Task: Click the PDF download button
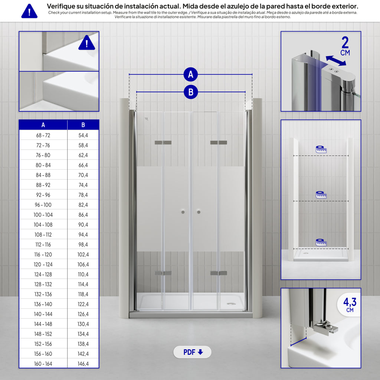(192, 352)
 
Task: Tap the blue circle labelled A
(191, 74)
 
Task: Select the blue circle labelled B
(191, 92)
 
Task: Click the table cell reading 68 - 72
(43, 135)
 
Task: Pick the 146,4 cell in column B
(83, 364)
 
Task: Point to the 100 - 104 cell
(43, 215)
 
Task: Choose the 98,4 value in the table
(83, 245)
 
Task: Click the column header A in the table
(43, 125)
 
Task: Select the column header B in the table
(83, 125)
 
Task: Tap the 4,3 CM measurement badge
(349, 305)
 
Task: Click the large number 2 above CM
(345, 42)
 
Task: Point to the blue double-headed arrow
(336, 60)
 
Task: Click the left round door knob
(183, 212)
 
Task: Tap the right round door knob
(199, 212)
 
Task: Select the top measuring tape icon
(321, 149)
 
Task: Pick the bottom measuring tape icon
(321, 242)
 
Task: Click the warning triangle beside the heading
(29, 11)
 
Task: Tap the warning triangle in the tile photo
(86, 43)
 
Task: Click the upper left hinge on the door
(163, 142)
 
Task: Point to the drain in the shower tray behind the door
(231, 304)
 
